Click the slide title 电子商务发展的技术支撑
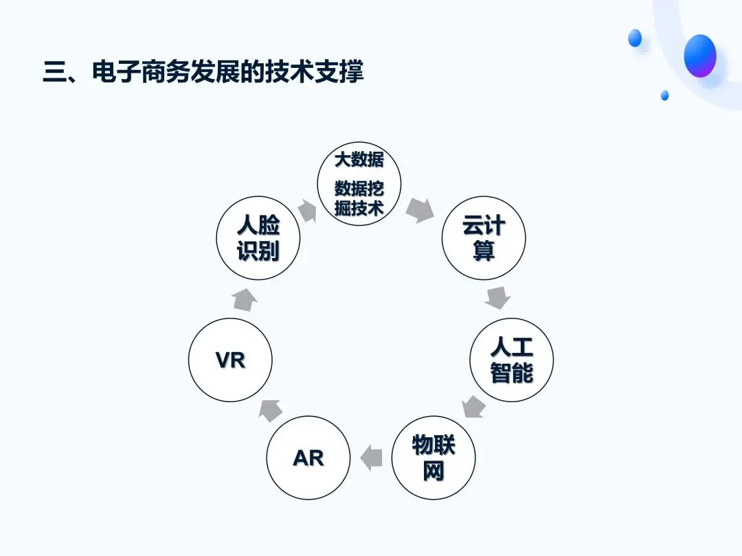click(x=227, y=72)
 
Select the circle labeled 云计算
click(x=484, y=238)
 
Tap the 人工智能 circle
click(x=512, y=360)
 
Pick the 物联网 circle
click(x=434, y=458)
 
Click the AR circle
click(x=308, y=458)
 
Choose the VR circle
click(x=230, y=360)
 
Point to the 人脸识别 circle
click(x=258, y=238)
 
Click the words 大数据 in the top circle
click(x=359, y=160)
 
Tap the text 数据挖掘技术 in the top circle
click(x=359, y=198)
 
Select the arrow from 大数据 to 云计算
click(x=420, y=210)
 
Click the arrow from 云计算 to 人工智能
click(x=498, y=297)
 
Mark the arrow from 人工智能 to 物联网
click(x=473, y=406)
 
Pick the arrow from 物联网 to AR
click(x=371, y=458)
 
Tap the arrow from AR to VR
click(x=270, y=410)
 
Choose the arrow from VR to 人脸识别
click(x=245, y=300)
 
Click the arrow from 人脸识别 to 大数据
click(x=308, y=211)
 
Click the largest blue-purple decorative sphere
click(x=700, y=56)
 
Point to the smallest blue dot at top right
click(x=664, y=95)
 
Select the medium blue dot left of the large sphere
click(x=635, y=38)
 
